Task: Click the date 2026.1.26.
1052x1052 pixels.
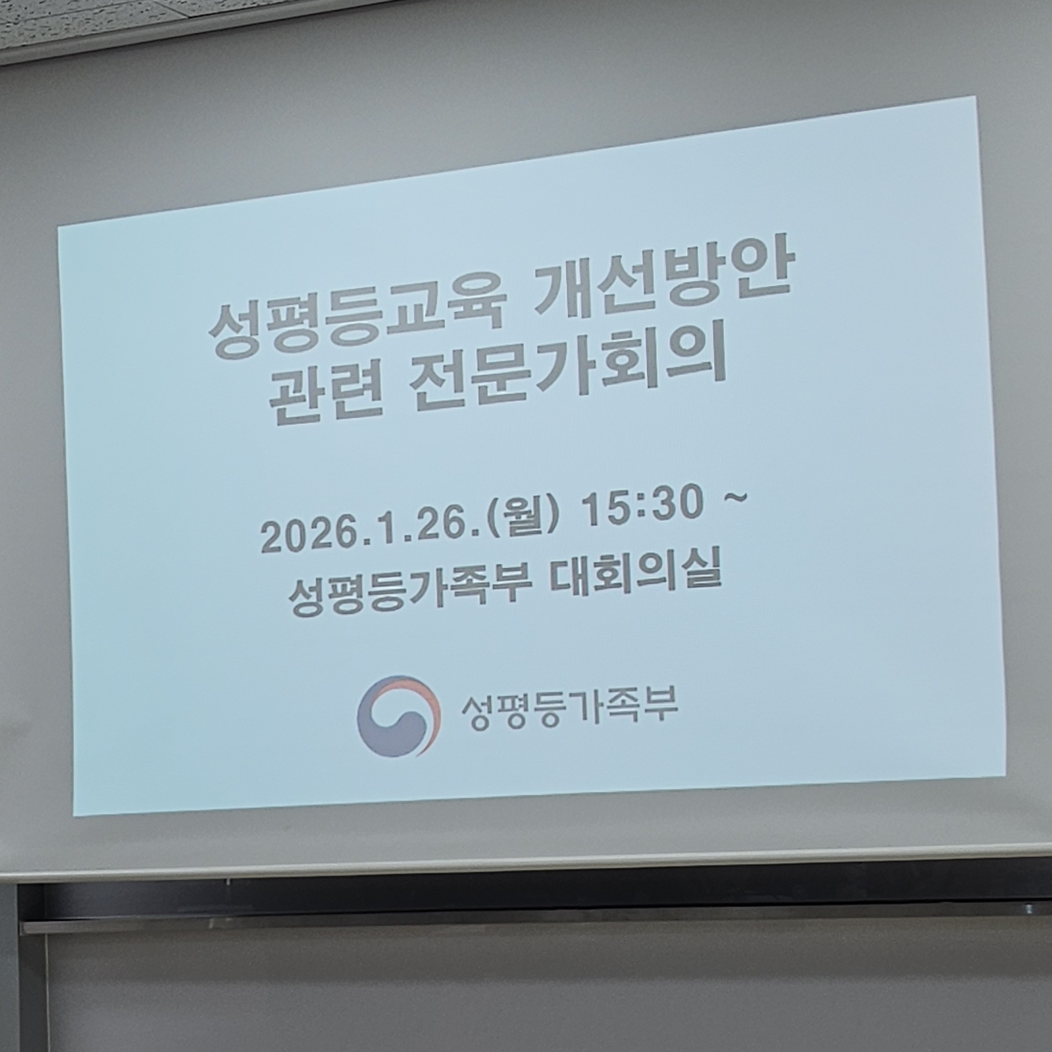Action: pos(371,532)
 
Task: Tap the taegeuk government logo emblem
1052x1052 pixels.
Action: pos(398,716)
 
